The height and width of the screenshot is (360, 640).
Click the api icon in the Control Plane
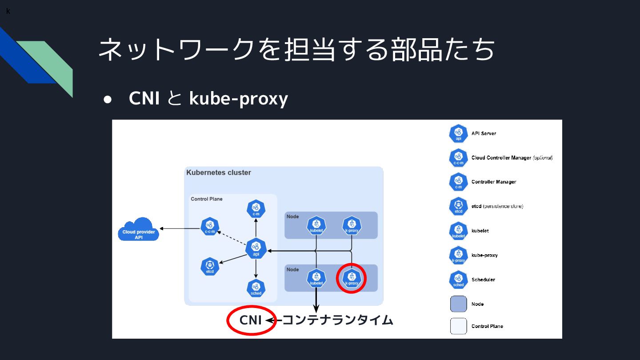(256, 248)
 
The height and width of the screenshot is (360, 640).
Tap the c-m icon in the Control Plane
(256, 209)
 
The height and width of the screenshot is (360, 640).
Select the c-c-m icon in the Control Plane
(210, 227)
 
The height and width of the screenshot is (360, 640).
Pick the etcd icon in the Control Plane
(210, 266)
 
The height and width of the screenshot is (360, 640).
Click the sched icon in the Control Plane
(256, 288)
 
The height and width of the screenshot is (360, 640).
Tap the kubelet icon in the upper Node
(316, 226)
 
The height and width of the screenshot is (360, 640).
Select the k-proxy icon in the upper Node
(352, 226)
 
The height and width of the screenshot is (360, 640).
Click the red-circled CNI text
(251, 320)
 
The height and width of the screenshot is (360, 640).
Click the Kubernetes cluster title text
(219, 172)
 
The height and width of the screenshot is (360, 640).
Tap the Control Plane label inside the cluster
(207, 199)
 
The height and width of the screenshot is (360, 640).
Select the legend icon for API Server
(459, 133)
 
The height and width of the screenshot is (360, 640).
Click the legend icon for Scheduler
(459, 280)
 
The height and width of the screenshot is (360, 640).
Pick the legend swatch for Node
(459, 304)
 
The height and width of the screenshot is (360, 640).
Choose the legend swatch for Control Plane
(459, 326)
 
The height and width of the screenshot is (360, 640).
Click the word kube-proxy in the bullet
(239, 99)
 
